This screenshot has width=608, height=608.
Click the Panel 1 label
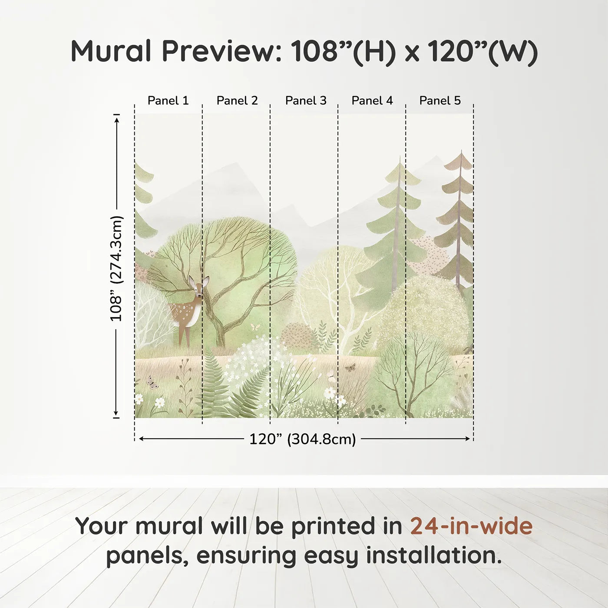coord(168,101)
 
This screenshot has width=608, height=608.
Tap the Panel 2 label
coord(237,101)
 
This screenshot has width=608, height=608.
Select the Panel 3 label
coord(306,101)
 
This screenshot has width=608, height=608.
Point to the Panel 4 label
coord(372,101)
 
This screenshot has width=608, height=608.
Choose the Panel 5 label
coord(440,101)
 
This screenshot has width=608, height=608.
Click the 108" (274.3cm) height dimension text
coord(116,268)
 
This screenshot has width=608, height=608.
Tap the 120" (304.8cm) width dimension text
coord(302,439)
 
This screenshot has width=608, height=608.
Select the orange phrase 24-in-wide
coord(471,526)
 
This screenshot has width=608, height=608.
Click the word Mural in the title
coord(111,51)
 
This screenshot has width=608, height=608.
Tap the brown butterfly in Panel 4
coord(350,367)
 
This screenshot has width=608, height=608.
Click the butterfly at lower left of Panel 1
coord(152,382)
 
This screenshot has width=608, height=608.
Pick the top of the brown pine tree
coord(461,151)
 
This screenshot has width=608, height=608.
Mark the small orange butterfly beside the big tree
coord(255,327)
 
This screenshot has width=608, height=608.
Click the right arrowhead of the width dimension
coord(468,439)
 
